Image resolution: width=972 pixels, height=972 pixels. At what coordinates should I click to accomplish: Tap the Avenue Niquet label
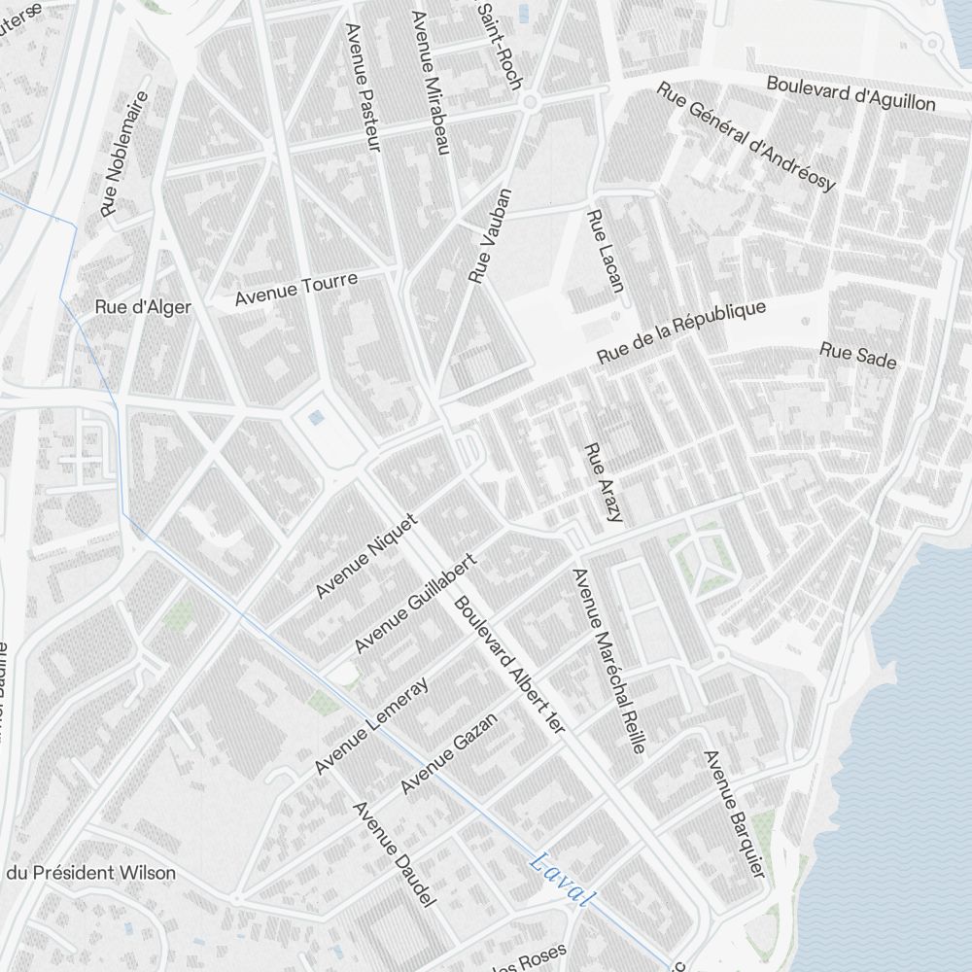click(x=366, y=556)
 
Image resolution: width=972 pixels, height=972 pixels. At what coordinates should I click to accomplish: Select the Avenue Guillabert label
click(x=415, y=604)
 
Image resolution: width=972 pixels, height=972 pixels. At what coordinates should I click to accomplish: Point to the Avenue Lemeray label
click(x=371, y=726)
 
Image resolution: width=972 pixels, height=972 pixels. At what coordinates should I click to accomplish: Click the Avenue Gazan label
click(x=449, y=752)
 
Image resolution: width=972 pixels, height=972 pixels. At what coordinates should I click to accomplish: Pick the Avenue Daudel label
click(x=393, y=855)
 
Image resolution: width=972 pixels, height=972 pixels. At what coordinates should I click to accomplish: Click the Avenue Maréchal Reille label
click(x=609, y=661)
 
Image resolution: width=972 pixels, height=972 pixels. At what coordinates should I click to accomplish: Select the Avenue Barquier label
click(x=734, y=815)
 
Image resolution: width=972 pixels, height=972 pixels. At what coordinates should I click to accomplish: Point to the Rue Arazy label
click(x=602, y=483)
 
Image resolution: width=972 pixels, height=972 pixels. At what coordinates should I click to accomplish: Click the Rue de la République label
click(x=681, y=332)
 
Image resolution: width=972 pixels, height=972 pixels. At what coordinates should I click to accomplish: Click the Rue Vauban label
click(x=489, y=236)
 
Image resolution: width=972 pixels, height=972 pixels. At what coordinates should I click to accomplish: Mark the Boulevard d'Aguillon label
click(x=850, y=92)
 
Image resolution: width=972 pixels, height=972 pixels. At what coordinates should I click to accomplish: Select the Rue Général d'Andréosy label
click(x=746, y=136)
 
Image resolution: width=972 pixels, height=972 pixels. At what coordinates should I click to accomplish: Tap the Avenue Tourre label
click(x=296, y=289)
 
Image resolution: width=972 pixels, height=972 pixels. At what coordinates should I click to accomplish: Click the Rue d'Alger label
click(x=143, y=307)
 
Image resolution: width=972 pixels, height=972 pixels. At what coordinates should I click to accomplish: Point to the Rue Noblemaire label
click(x=125, y=154)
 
